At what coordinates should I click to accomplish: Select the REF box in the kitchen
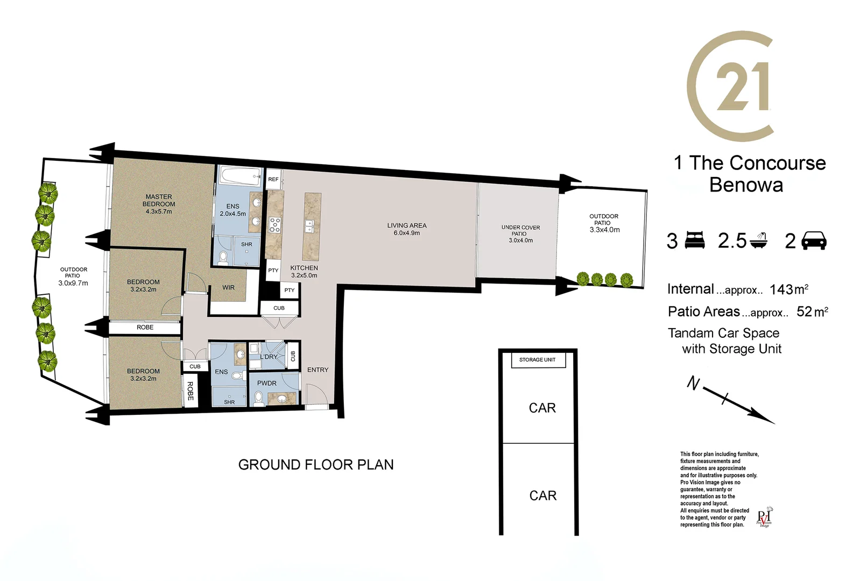[x=273, y=179]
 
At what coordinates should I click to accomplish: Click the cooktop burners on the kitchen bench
[x=274, y=224]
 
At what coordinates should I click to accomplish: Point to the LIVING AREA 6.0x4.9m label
[x=406, y=229]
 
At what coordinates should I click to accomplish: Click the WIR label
[x=229, y=288]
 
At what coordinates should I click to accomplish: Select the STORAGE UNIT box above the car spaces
[x=537, y=360]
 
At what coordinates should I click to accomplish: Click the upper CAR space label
[x=542, y=408]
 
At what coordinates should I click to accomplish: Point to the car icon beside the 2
[x=814, y=240]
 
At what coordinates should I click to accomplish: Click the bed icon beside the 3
[x=695, y=240]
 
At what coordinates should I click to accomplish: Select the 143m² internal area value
[x=788, y=289]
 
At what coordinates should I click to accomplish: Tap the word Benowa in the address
[x=746, y=185]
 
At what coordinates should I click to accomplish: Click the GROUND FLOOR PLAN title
[x=316, y=465]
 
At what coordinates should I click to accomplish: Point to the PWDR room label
[x=266, y=384]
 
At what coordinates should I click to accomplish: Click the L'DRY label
[x=269, y=357]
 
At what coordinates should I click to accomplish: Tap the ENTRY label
[x=318, y=370]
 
